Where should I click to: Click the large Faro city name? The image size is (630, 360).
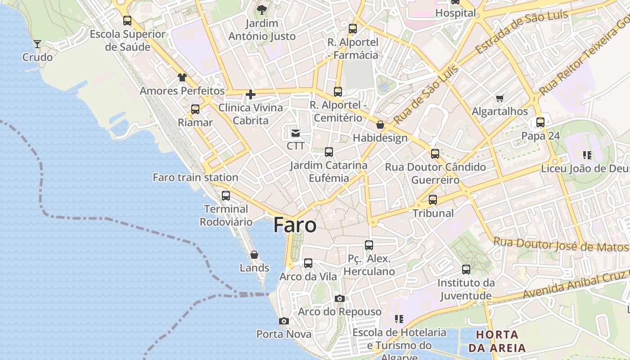295,225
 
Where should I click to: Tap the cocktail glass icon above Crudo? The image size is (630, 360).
37,44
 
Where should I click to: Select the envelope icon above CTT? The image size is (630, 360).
296,133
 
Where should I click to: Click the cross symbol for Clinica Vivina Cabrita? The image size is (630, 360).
251,94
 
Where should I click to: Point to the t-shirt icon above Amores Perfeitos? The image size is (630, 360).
182,77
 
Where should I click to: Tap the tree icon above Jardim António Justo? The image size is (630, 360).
261,10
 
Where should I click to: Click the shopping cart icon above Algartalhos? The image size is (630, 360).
499,98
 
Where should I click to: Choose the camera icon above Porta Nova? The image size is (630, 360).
283,321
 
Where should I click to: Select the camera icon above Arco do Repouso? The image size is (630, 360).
340,298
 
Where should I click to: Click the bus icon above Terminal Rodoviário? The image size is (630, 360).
226,196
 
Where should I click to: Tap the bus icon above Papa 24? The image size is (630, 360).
540,122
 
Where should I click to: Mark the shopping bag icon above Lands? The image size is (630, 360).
254,255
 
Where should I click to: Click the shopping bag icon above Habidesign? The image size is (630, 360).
380,125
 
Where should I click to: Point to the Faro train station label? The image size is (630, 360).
195,177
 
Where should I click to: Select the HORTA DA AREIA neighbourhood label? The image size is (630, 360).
497,341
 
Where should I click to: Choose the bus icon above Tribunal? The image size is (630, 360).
433,199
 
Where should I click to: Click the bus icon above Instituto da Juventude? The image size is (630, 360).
466,270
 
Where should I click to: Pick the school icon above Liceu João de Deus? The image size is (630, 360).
587,155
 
